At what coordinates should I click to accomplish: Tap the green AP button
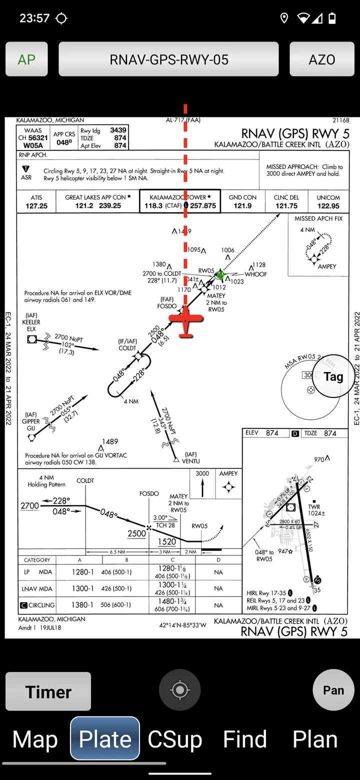pyautogui.click(x=26, y=59)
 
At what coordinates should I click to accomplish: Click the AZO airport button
pyautogui.click(x=321, y=59)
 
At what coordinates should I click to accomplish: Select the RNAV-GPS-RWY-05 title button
pyautogui.click(x=168, y=59)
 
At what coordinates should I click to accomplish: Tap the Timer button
pyautogui.click(x=48, y=691)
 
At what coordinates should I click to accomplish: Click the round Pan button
pyautogui.click(x=333, y=690)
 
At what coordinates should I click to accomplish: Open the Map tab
pyautogui.click(x=35, y=739)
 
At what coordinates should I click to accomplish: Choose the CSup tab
pyautogui.click(x=175, y=739)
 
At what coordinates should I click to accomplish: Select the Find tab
pyautogui.click(x=245, y=739)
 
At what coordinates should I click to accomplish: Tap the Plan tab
pyautogui.click(x=315, y=739)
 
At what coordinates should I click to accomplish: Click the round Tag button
pyautogui.click(x=333, y=376)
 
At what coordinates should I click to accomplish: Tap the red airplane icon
pyautogui.click(x=186, y=321)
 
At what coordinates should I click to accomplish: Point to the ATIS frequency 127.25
pyautogui.click(x=36, y=206)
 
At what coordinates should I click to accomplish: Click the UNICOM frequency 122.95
pyautogui.click(x=328, y=206)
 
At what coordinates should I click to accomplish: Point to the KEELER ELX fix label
pyautogui.click(x=31, y=325)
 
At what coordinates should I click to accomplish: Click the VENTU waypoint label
pyautogui.click(x=191, y=460)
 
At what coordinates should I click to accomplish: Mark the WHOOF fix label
pyautogui.click(x=255, y=274)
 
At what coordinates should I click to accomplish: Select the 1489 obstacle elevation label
pyautogui.click(x=110, y=441)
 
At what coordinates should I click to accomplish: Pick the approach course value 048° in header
pyautogui.click(x=64, y=142)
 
